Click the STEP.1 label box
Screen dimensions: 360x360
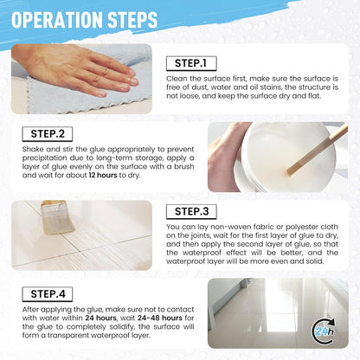click(191, 63)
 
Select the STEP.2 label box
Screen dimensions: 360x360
click(48, 134)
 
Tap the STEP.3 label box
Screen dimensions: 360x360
click(191, 212)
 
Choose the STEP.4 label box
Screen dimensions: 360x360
click(48, 294)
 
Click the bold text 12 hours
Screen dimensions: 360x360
click(103, 175)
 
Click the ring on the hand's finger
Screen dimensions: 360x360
click(106, 71)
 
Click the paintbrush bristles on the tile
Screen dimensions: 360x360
click(59, 222)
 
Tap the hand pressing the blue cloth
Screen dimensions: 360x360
click(78, 69)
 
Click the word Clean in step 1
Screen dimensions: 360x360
click(177, 79)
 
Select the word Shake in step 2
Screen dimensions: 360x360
click(33, 149)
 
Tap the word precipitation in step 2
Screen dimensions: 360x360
click(45, 158)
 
